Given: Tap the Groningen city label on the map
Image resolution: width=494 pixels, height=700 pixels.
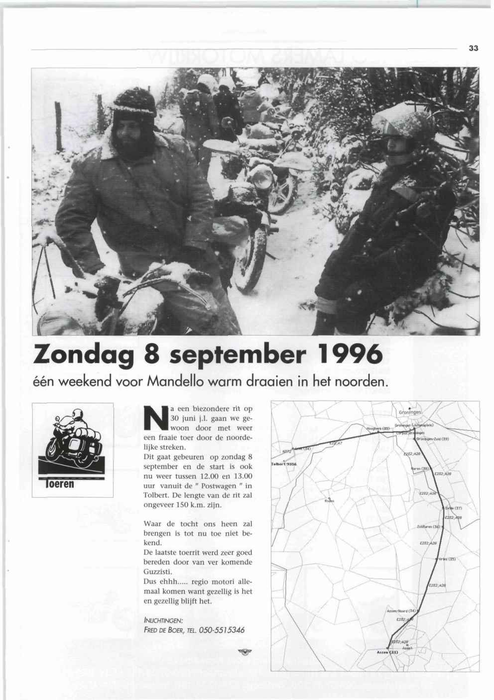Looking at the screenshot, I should [x=410, y=413].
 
